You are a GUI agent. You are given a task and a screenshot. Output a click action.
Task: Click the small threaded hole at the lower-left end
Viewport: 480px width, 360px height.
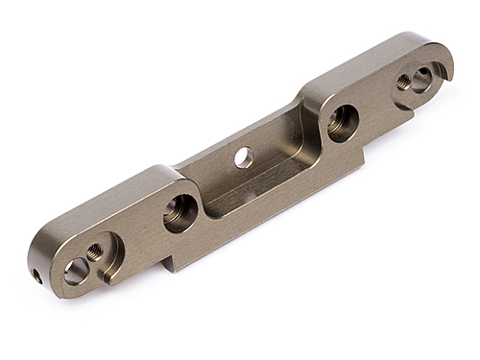coord(95,252)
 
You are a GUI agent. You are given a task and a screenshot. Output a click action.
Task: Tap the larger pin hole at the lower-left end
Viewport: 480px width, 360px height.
coord(76,273)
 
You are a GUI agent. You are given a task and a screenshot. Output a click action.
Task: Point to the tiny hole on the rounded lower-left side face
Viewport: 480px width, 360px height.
coord(36,276)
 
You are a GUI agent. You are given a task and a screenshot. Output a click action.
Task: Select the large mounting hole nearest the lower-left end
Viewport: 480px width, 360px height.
coord(180,211)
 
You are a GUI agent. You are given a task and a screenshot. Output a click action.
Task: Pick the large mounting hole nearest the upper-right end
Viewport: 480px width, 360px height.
coord(341,121)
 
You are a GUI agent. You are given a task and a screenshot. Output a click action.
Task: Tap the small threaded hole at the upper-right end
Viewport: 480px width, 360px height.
coord(403,83)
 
